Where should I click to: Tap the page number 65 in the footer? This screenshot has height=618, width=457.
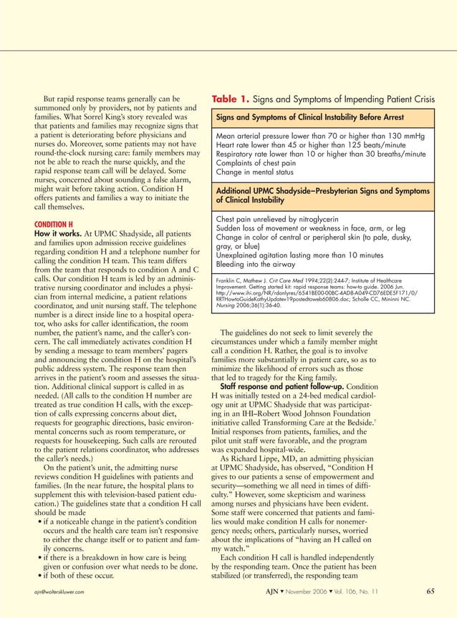(430, 591)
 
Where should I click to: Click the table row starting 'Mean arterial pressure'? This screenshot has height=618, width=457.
(319, 135)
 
